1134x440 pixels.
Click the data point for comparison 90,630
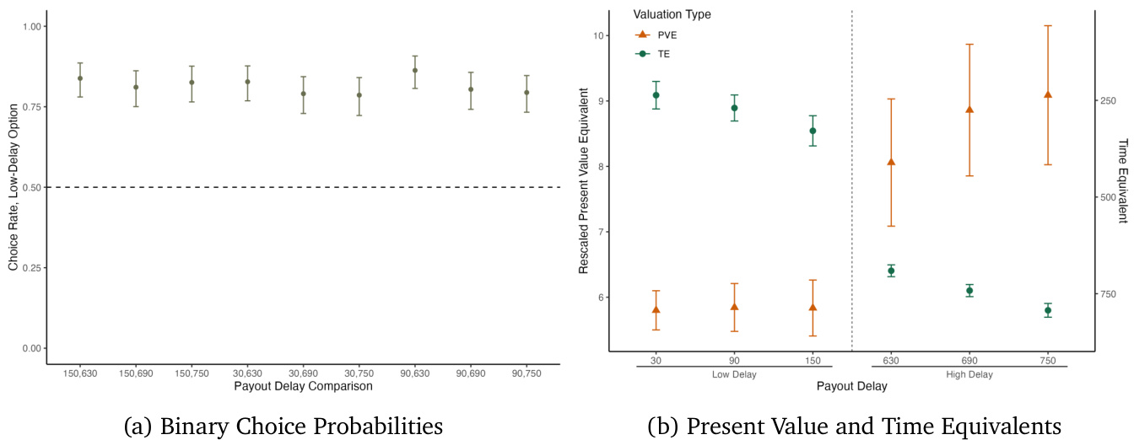pyautogui.click(x=415, y=70)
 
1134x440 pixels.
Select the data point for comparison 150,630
pyautogui.click(x=80, y=78)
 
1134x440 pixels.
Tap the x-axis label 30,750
pyautogui.click(x=359, y=373)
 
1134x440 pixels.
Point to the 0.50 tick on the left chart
pyautogui.click(x=30, y=187)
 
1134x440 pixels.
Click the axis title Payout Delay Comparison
pyautogui.click(x=303, y=387)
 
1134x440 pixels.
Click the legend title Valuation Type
pyautogui.click(x=672, y=14)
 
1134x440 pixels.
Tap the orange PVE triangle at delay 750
pyautogui.click(x=1048, y=94)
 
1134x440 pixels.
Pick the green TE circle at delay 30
pyautogui.click(x=656, y=95)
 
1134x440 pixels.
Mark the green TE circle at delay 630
pyautogui.click(x=891, y=271)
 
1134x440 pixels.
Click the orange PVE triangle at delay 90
pyautogui.click(x=734, y=307)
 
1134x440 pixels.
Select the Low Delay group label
pyautogui.click(x=734, y=375)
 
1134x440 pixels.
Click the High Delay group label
pyautogui.click(x=969, y=375)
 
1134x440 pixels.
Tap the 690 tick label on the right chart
pyautogui.click(x=969, y=360)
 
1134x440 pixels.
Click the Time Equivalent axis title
pyautogui.click(x=1122, y=180)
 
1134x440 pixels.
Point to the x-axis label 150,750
pyautogui.click(x=192, y=373)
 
